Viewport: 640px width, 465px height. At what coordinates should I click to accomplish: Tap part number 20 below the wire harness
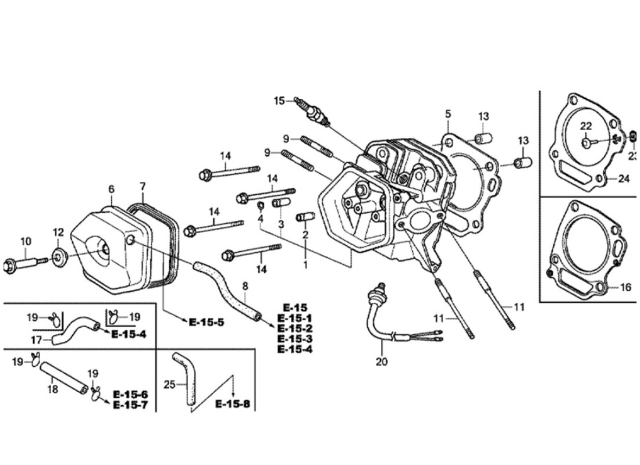pos(382,361)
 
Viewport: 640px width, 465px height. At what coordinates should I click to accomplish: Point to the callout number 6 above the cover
pos(111,189)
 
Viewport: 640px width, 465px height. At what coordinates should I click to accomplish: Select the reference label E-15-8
pos(233,403)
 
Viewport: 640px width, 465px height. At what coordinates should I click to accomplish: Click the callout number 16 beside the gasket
pos(625,287)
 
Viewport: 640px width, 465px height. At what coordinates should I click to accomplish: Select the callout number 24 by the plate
pos(623,179)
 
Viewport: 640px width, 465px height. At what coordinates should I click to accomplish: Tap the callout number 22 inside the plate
pos(585,126)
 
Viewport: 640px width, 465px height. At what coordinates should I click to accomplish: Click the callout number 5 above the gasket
pos(448,114)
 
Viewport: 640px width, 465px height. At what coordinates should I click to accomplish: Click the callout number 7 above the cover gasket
pos(143,187)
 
